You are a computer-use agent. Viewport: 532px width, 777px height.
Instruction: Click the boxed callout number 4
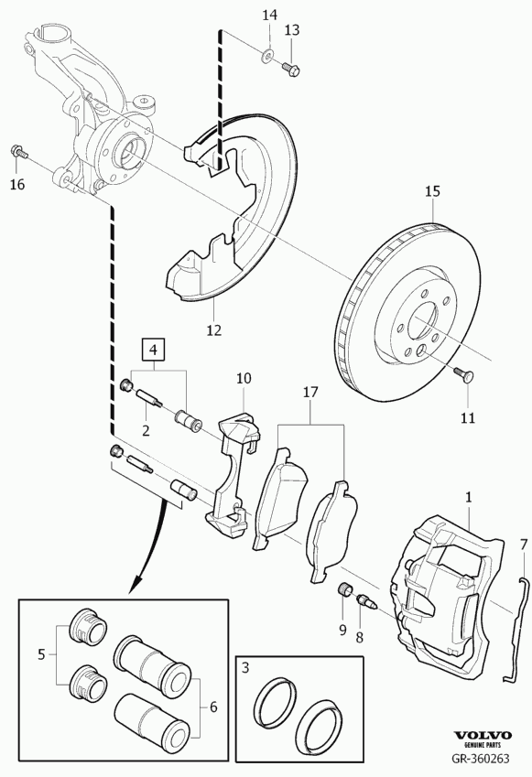153,350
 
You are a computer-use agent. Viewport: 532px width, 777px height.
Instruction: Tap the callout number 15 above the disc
432,190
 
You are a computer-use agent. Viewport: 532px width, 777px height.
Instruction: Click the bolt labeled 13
291,69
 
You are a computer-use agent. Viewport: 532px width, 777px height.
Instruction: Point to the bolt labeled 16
18,151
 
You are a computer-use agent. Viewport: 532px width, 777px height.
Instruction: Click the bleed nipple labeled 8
367,602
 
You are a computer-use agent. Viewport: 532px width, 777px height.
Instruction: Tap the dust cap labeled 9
344,590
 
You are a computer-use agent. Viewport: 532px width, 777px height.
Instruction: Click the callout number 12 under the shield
214,330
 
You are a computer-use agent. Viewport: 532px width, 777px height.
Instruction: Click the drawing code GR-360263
480,759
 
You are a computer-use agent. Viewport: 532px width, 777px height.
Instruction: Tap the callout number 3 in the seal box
245,668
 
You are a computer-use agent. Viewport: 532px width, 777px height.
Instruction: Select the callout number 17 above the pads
309,393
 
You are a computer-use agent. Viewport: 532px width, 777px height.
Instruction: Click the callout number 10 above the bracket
244,379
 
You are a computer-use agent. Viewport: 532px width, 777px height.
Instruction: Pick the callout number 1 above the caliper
469,497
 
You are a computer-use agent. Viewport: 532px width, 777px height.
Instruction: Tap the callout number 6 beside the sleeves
213,707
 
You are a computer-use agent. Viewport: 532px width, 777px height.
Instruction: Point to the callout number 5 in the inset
41,654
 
